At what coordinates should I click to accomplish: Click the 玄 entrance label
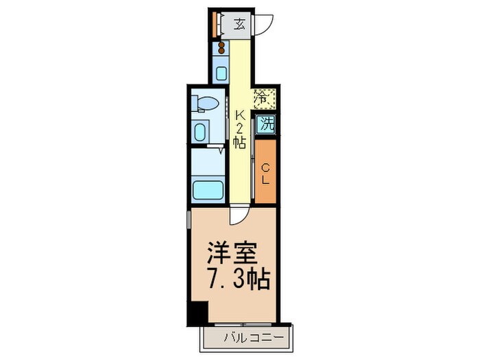tap(239, 25)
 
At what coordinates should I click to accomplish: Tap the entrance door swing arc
tap(264, 25)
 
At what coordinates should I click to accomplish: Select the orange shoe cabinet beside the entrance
tap(215, 25)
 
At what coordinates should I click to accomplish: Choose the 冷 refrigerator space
tap(264, 99)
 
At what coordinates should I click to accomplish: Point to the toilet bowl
tap(207, 104)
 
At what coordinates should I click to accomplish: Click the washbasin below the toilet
tap(202, 131)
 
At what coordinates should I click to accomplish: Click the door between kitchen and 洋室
tap(237, 215)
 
